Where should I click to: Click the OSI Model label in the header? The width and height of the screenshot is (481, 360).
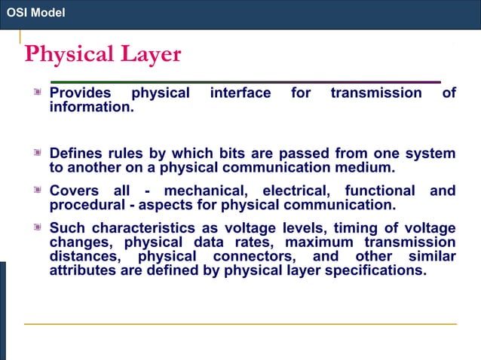35,13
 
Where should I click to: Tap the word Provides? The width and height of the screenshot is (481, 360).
80,93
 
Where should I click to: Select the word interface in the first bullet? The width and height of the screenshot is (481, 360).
240,93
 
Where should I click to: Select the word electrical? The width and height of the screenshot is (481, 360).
295,191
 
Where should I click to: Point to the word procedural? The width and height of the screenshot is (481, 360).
84,205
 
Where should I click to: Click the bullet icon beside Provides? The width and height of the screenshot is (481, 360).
35,93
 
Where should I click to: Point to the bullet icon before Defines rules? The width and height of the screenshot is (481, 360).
35,154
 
